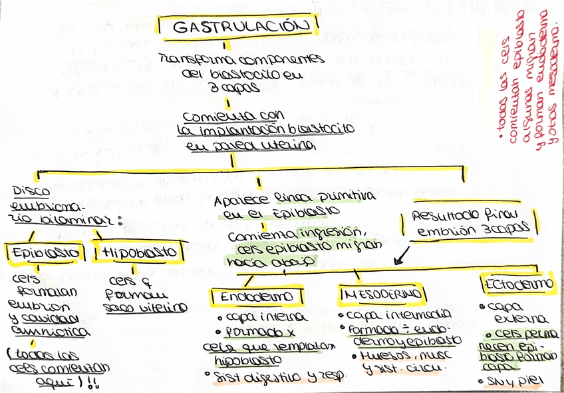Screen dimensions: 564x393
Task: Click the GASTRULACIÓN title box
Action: pos(238,27)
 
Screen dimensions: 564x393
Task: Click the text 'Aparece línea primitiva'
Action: pos(295,200)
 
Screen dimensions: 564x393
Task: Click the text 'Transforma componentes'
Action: pos(242,59)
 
